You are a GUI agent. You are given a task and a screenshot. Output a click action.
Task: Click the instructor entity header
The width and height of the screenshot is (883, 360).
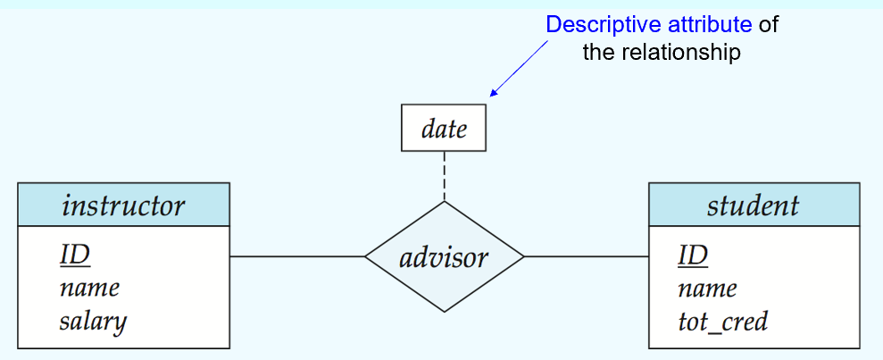pos(123,205)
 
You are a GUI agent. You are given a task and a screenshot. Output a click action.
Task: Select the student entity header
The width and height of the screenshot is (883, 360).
pos(754,205)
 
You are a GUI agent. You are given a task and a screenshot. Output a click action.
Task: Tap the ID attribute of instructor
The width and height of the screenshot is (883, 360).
pos(75,255)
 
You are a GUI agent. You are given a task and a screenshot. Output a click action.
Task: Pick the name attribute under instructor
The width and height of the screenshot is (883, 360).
pos(89,289)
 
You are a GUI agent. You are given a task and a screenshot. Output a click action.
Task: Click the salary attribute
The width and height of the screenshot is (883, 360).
pos(93,322)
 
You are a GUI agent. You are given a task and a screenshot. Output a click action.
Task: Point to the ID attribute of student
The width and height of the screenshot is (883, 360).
pos(693,255)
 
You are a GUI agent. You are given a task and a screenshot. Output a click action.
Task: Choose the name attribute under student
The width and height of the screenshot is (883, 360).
pos(707,289)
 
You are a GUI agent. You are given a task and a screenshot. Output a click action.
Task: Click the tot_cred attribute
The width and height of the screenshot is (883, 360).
pos(722,322)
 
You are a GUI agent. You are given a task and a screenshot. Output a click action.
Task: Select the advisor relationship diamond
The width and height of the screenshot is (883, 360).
pos(445,257)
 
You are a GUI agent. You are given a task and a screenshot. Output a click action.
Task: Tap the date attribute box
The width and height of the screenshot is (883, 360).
pos(444,128)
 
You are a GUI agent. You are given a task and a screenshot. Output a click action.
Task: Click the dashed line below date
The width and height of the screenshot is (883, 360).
pos(445,176)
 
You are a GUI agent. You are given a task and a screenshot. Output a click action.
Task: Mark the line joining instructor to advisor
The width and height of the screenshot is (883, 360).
pos(297,257)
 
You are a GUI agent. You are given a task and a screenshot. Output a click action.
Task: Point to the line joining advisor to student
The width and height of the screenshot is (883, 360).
pos(587,257)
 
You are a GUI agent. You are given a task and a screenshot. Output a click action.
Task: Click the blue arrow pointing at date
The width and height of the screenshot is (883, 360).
pos(519,69)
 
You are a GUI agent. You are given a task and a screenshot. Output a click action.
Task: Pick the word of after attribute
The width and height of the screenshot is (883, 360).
pos(768,25)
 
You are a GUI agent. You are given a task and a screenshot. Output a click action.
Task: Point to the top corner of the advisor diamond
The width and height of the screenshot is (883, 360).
pos(445,202)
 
